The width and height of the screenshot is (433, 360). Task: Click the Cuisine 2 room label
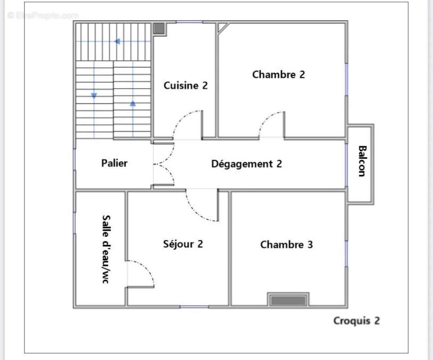(x=186, y=85)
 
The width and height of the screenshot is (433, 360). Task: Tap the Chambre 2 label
(x=278, y=74)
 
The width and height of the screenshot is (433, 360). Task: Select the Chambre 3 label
(x=286, y=244)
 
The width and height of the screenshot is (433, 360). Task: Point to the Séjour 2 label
(x=183, y=244)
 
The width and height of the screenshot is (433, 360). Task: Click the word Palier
(x=114, y=163)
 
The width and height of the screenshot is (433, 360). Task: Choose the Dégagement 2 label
(x=246, y=164)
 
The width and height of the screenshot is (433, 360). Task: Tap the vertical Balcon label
(x=362, y=161)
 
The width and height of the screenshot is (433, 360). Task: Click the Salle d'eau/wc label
(x=106, y=249)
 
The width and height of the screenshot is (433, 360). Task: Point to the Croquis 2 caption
(x=356, y=321)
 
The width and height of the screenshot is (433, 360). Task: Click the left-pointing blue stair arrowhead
(x=117, y=41)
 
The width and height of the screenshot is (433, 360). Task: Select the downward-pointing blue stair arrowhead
(x=94, y=96)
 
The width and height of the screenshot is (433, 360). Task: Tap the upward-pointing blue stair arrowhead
(x=133, y=103)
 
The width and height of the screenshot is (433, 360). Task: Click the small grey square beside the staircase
(x=159, y=28)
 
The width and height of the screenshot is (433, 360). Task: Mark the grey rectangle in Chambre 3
(x=288, y=300)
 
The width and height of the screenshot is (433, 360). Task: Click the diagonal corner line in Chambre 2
(x=223, y=28)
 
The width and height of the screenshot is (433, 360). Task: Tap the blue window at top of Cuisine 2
(x=189, y=22)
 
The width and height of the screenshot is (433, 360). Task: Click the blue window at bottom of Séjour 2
(x=194, y=307)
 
